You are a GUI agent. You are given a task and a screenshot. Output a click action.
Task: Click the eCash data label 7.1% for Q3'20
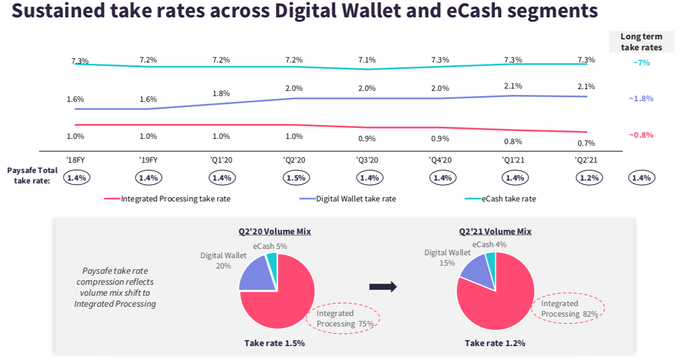point(367,60)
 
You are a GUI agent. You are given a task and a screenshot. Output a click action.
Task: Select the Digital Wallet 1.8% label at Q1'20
point(221,93)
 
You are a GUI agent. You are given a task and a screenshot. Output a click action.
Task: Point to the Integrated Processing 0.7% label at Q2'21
point(586,143)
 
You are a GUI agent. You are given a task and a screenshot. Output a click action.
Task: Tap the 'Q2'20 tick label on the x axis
point(294,160)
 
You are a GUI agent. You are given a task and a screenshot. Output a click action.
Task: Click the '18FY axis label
point(76,160)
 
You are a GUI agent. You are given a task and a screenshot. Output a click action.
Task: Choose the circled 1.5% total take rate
point(295,178)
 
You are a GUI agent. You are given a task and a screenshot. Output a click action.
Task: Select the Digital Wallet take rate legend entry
point(355,199)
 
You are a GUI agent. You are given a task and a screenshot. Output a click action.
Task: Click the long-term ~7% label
point(641,63)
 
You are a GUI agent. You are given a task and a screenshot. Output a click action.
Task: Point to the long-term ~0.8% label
point(641,135)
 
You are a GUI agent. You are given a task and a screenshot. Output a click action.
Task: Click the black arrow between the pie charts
point(383,286)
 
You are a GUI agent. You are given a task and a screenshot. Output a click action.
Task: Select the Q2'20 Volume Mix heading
point(275,232)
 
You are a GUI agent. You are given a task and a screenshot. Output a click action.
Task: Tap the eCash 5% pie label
point(270,245)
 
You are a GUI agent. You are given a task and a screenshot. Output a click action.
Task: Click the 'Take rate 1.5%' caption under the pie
point(274,343)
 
